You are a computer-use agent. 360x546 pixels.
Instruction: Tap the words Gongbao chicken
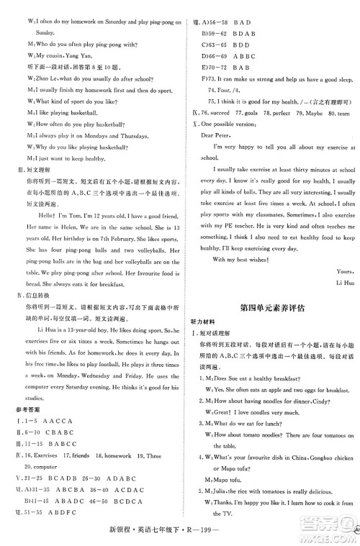325,457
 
